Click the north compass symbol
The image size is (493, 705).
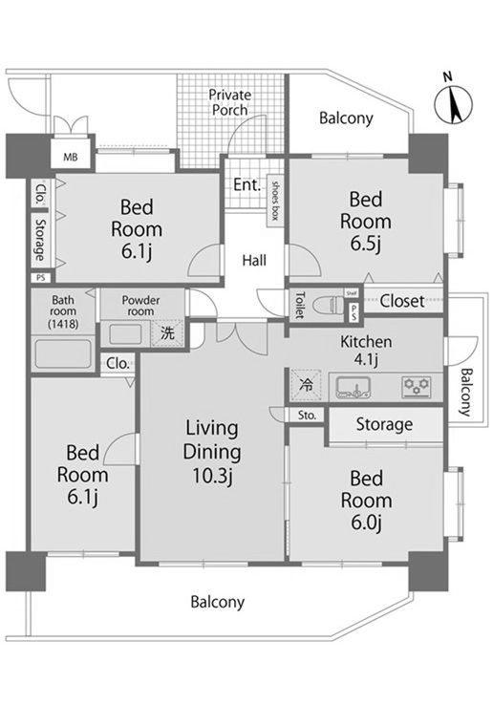[x=453, y=101]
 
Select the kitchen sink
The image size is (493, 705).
[x=354, y=387]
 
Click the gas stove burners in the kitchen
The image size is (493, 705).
[x=417, y=387]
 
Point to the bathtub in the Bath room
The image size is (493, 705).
[x=63, y=353]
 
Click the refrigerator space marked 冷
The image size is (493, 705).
[x=306, y=384]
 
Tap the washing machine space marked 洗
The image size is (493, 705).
[x=167, y=333]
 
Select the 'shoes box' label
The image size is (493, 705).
[x=274, y=201]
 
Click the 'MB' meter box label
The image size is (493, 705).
[x=70, y=158]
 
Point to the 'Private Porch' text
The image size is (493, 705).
[x=230, y=102]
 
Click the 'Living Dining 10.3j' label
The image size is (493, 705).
[x=212, y=452]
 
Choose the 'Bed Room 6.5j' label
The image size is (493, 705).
[x=366, y=222]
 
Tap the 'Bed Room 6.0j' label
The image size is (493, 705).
[x=366, y=501]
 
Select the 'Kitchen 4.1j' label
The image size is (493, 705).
[x=366, y=350]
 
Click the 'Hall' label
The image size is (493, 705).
[x=254, y=261]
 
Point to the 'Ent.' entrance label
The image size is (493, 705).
[x=246, y=184]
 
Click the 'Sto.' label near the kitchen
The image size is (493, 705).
[x=307, y=416]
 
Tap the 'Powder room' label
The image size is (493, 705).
[x=140, y=306]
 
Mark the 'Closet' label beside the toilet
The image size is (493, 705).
[x=401, y=301]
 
